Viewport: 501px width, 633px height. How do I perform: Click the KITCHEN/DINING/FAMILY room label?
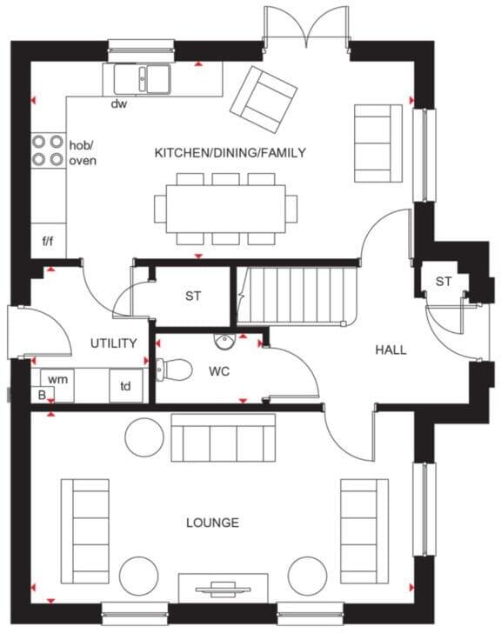230,153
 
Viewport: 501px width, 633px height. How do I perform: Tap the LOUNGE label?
212,523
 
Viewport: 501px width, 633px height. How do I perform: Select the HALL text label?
391,350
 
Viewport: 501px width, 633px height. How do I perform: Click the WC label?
218,371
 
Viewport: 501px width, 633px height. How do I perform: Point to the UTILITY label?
114,343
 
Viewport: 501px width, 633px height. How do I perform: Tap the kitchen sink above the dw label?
144,79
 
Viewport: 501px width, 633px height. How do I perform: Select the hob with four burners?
48,150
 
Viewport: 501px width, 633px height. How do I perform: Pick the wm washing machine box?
57,380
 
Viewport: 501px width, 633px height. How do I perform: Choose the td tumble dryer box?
125,385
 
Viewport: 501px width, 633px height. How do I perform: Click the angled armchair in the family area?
263,94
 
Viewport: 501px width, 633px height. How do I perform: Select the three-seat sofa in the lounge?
223,437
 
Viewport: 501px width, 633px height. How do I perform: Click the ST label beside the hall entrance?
444,282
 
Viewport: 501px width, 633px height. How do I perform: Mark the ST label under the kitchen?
193,297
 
